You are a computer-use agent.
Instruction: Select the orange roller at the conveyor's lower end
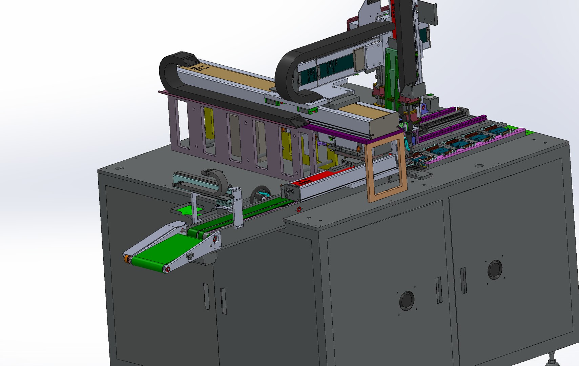click(127, 259)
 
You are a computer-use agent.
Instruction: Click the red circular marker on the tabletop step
click(299, 210)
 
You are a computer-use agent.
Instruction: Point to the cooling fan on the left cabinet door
click(407, 301)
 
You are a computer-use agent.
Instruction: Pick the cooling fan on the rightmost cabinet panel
click(495, 270)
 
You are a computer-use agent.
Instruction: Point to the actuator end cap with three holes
click(290, 191)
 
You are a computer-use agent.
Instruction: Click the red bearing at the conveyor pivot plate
click(215, 240)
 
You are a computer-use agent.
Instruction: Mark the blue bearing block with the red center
click(423, 108)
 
